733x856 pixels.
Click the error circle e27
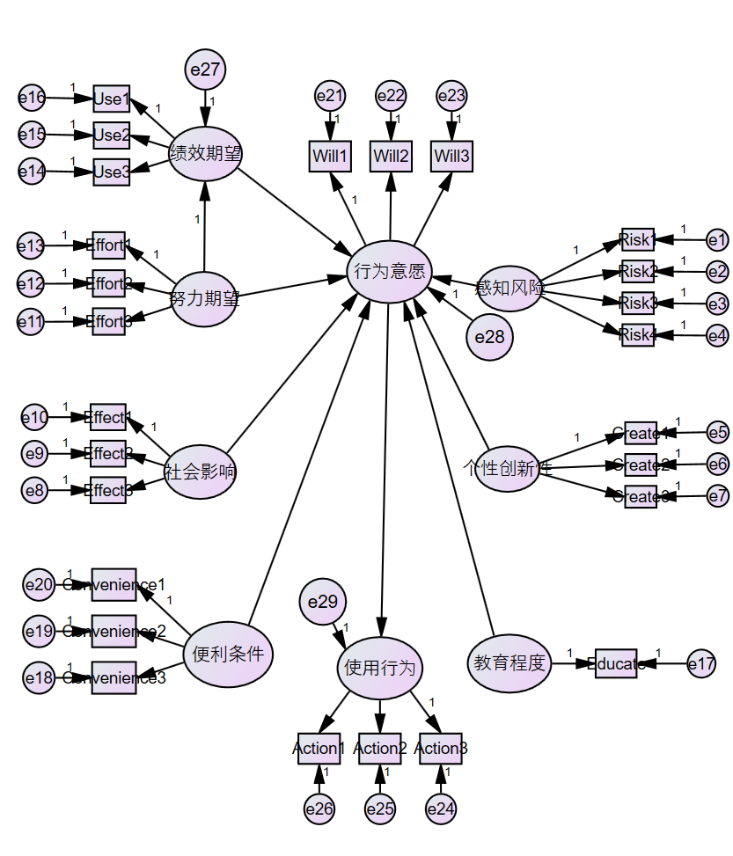pyautogui.click(x=206, y=70)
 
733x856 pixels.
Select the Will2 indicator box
pyautogui.click(x=391, y=157)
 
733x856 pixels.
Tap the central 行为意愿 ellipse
pyautogui.click(x=389, y=271)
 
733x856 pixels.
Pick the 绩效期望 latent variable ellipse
pyautogui.click(x=205, y=153)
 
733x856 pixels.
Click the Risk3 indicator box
pyautogui.click(x=638, y=304)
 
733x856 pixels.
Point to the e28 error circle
pyautogui.click(x=488, y=336)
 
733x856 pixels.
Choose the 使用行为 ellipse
pyautogui.click(x=380, y=667)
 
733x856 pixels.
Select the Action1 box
pyautogui.click(x=319, y=749)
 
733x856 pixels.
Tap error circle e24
pyautogui.click(x=441, y=808)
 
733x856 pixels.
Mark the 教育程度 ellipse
pyautogui.click(x=509, y=662)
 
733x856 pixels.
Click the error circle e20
pyautogui.click(x=39, y=584)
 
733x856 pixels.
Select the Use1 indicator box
pyautogui.click(x=112, y=99)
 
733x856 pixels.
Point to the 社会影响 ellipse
pyautogui.click(x=201, y=472)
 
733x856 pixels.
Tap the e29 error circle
pyautogui.click(x=323, y=602)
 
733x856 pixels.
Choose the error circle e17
pyautogui.click(x=701, y=664)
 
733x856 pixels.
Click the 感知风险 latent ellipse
pyautogui.click(x=509, y=287)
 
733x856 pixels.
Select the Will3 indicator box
pyautogui.click(x=452, y=157)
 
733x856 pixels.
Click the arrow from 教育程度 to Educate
pyautogui.click(x=573, y=663)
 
